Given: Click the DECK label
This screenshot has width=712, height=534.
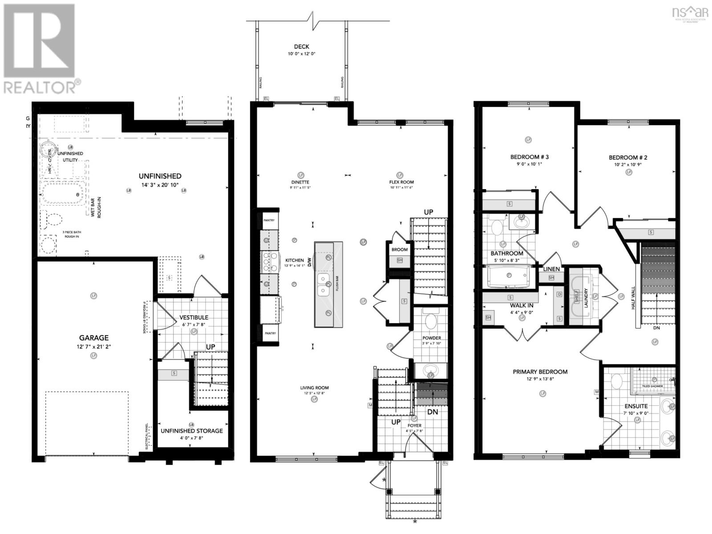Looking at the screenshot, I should click(301, 47).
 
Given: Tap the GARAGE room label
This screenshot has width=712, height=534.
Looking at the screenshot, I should click(94, 338).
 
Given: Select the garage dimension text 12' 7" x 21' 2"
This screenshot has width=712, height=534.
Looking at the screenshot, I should click(94, 346).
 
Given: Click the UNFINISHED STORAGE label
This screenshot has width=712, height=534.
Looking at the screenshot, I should click(192, 431).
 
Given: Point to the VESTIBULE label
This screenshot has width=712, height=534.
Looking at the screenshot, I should click(194, 318).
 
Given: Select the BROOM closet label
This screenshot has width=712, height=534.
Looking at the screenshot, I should click(400, 250).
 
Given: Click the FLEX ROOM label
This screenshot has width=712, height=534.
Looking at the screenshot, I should click(401, 182).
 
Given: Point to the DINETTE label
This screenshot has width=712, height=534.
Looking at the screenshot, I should click(301, 182).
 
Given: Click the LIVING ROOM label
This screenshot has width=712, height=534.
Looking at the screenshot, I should click(314, 388).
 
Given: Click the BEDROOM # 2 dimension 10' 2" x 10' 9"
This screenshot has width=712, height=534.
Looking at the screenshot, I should click(628, 164).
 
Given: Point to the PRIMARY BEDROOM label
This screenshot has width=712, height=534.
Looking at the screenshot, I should click(540, 372).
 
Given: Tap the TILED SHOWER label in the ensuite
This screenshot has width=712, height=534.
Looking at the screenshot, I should click(652, 386).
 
